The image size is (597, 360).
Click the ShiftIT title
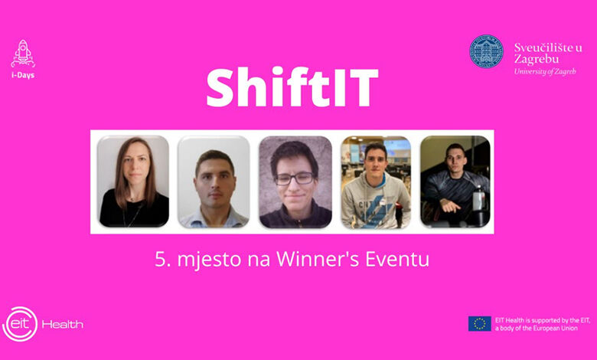(292, 87)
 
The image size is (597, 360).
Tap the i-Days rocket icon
(23, 54)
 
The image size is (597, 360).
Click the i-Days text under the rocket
(23, 75)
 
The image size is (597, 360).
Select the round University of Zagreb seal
(486, 51)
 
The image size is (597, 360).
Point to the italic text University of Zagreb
(545, 72)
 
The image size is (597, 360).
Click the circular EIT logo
(20, 324)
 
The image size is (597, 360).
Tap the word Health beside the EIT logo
(63, 325)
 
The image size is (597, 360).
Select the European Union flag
(480, 323)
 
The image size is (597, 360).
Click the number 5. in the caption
(162, 260)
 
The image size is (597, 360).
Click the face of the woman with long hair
(136, 166)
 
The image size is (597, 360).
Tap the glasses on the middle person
(295, 178)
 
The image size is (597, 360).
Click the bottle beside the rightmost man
(478, 199)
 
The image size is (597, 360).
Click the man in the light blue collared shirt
(214, 189)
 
